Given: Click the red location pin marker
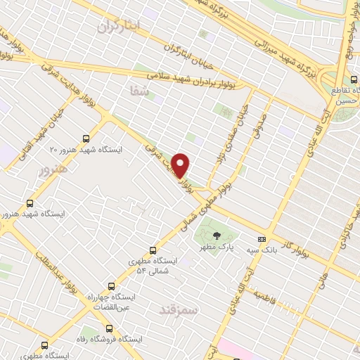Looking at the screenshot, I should click(181, 165).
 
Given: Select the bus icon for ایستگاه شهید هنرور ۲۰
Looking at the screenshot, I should click(86, 139).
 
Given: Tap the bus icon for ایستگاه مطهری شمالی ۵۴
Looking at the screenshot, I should click(153, 250).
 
